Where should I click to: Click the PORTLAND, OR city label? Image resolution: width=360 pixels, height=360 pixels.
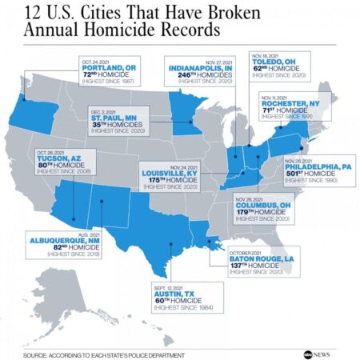pos(110,69)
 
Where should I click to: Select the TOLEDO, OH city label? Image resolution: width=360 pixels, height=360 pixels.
pos(278,67)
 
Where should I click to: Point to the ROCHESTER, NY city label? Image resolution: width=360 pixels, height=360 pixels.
pos(290,104)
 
